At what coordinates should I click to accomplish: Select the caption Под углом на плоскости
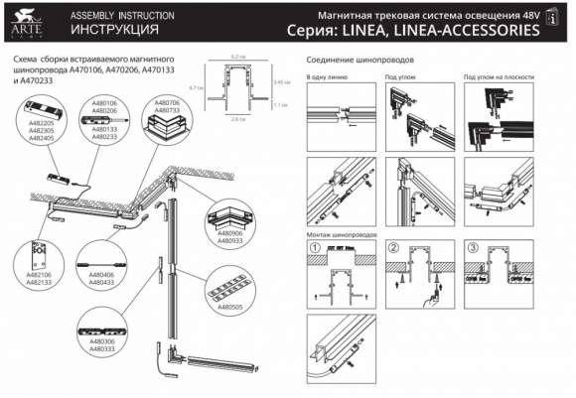click(503, 76)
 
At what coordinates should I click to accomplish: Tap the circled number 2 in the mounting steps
click(393, 247)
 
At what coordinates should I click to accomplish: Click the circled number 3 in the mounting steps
click(474, 247)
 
